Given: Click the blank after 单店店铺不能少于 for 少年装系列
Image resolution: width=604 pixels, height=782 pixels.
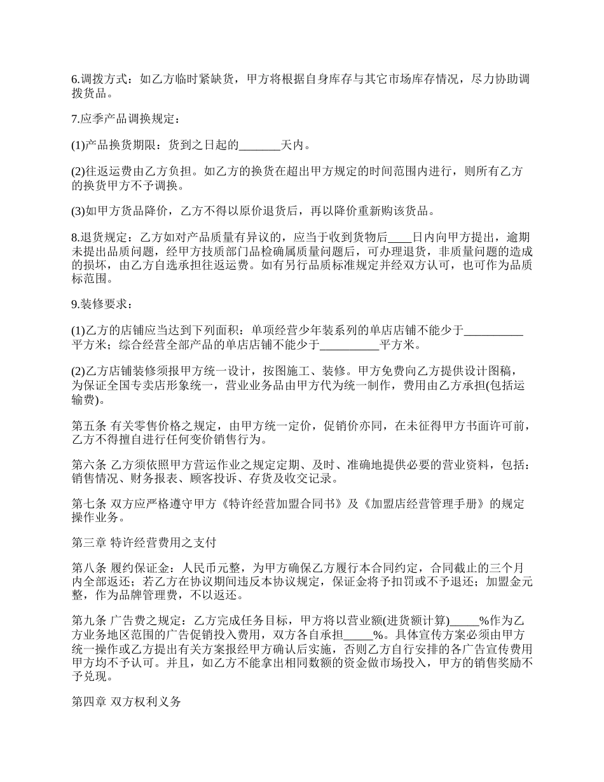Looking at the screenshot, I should (x=494, y=331).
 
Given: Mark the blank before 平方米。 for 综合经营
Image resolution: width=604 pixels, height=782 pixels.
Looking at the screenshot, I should (x=349, y=345).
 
